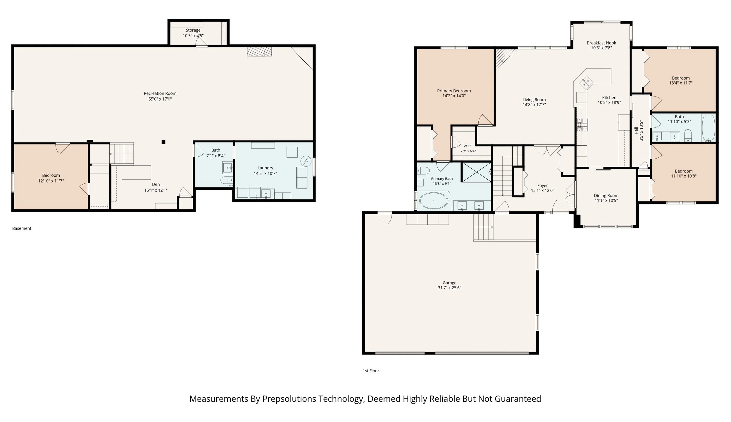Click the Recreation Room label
160,94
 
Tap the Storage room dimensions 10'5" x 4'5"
193,36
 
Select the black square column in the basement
163,142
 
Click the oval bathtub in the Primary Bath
434,201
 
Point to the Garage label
449,283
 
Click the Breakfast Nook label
601,43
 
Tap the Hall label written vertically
636,130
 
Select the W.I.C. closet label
468,146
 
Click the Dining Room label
606,196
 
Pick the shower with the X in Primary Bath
476,172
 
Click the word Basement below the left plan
22,228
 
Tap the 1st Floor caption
371,371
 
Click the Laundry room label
265,168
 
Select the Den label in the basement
156,185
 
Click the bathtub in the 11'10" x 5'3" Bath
708,128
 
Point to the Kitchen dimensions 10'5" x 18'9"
609,103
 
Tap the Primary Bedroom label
454,91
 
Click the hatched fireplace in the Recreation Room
260,52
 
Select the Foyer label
542,186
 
